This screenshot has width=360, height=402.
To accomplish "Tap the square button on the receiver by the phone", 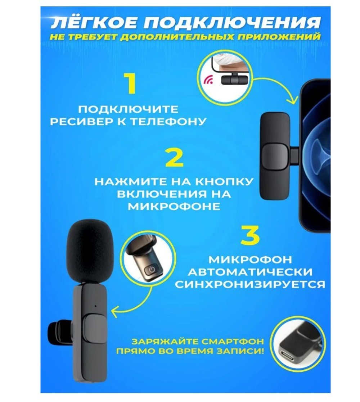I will [x=275, y=158].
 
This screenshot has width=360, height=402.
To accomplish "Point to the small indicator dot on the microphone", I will [x=96, y=307].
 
